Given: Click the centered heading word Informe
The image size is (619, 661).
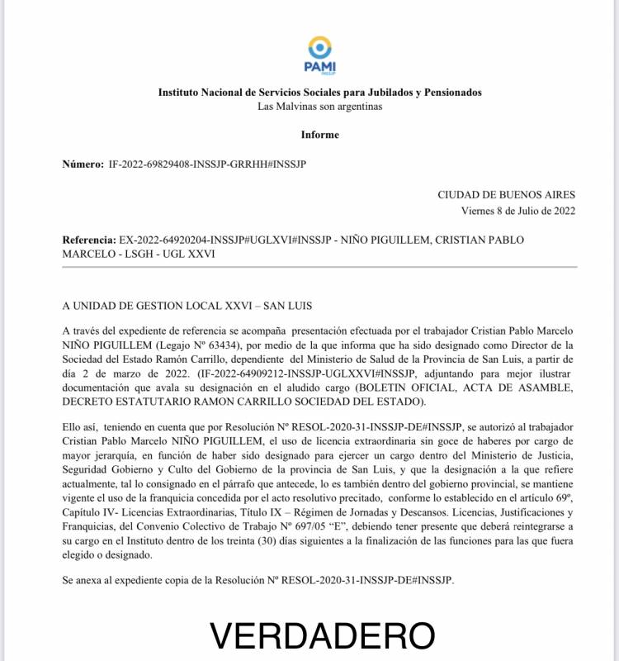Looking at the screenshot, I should pyautogui.click(x=319, y=135).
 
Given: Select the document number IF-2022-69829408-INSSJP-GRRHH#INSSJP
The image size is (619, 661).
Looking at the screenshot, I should pyautogui.click(x=207, y=164).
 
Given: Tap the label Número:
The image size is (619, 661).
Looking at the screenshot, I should pyautogui.click(x=83, y=164).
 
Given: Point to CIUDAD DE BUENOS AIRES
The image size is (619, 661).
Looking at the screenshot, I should pyautogui.click(x=506, y=195).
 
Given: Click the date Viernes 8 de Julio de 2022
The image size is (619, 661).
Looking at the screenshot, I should pyautogui.click(x=517, y=211).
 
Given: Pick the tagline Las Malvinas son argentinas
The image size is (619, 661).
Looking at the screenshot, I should pyautogui.click(x=319, y=107).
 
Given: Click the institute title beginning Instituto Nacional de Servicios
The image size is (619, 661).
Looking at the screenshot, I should pyautogui.click(x=319, y=93).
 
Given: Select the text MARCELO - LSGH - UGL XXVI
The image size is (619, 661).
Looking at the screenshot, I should pyautogui.click(x=138, y=254).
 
